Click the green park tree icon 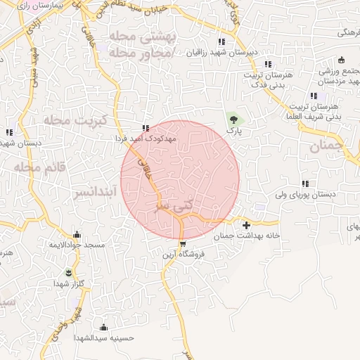coord(232,120)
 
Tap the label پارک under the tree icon coord(233,131)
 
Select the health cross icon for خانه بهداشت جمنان coord(245,225)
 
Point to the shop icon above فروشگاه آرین coord(183,244)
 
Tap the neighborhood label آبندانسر coord(88,191)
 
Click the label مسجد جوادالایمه coord(77,245)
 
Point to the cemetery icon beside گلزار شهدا coord(68,272)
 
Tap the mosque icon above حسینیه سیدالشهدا coord(104,327)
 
